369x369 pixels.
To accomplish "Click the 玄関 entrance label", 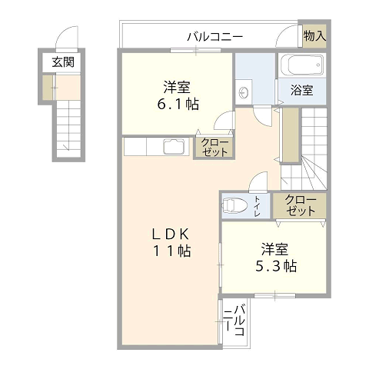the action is (63, 62).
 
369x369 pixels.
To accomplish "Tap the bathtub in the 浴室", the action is (302, 65).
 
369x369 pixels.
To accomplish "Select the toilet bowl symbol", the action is (234, 204).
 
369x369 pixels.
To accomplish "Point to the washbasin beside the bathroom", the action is (244, 92).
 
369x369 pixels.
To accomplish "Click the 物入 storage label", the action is (314, 36).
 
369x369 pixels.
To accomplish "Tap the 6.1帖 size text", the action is (178, 105).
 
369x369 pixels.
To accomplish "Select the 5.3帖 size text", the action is (276, 267).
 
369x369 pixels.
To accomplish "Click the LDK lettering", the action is (171, 234).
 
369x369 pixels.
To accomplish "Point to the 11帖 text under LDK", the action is (171, 251).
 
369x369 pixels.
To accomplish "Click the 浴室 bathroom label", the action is (302, 90).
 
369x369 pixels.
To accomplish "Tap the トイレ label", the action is (258, 206).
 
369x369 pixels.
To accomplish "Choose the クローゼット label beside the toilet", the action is (301, 205).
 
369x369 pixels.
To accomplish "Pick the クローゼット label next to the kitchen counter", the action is (214, 148).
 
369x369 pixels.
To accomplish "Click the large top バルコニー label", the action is (214, 37).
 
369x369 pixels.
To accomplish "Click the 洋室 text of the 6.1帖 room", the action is (177, 87).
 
